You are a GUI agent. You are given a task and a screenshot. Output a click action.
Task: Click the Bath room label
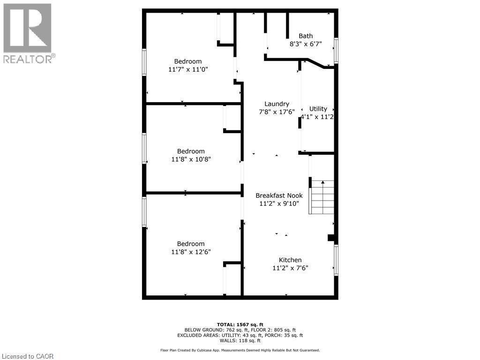pos(306,36)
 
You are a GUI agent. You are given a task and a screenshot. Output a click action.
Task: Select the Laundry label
pos(277,104)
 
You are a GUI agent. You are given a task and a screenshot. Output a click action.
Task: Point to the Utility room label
pos(318,109)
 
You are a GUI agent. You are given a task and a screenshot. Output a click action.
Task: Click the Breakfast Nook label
pos(279,195)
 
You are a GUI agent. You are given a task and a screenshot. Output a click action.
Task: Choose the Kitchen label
pos(290,260)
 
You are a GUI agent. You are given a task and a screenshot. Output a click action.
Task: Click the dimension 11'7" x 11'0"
pos(188,69)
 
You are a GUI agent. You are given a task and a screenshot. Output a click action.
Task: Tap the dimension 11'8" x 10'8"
pos(191,159)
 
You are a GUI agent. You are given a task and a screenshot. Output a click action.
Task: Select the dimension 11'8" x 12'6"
pos(191,252)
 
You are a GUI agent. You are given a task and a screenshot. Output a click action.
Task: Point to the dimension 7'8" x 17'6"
pos(277,112)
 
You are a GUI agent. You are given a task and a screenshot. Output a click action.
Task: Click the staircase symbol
pos(322,197)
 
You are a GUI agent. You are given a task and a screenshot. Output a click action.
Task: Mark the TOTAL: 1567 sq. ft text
pos(240,324)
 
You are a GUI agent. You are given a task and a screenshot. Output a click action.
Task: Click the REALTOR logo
pos(28,33)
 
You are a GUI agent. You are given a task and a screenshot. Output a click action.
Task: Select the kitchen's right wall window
pos(336,260)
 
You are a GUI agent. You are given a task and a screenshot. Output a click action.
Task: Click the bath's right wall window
pos(336,50)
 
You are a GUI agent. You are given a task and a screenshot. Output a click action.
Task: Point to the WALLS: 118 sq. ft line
pos(240,341)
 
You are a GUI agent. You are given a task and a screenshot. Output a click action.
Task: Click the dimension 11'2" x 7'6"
pos(290,268)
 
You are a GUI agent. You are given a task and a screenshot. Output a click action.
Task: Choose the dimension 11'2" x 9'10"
pos(279,203)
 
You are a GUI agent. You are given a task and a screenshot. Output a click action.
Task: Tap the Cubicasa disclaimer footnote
pos(240,350)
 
